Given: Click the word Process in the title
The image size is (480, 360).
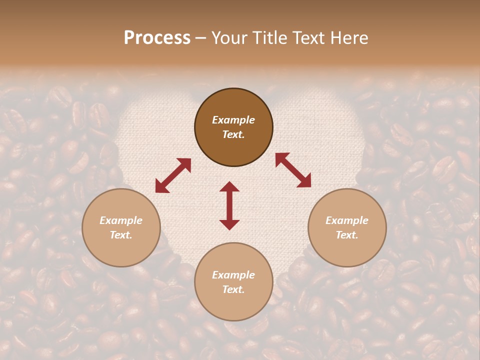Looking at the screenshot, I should click(157, 37).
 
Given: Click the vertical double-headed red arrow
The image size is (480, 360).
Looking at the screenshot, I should click(229, 205).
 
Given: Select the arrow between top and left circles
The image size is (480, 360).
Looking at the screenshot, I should click(173, 175).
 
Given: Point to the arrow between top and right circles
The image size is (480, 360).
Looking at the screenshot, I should click(293, 170).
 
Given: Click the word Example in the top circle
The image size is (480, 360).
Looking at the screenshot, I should click(233, 120).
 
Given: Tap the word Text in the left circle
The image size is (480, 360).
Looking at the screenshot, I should click(121, 235).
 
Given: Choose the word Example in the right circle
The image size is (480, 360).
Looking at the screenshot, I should click(347, 220).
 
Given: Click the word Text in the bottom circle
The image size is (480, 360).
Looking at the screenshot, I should click(233, 289).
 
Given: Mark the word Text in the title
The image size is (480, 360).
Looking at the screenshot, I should click(310, 38).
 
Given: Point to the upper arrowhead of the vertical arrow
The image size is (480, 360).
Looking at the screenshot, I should click(229, 187).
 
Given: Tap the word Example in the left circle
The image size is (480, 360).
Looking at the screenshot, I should click(121, 220).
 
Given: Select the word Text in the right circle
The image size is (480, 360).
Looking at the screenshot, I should click(347, 235).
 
